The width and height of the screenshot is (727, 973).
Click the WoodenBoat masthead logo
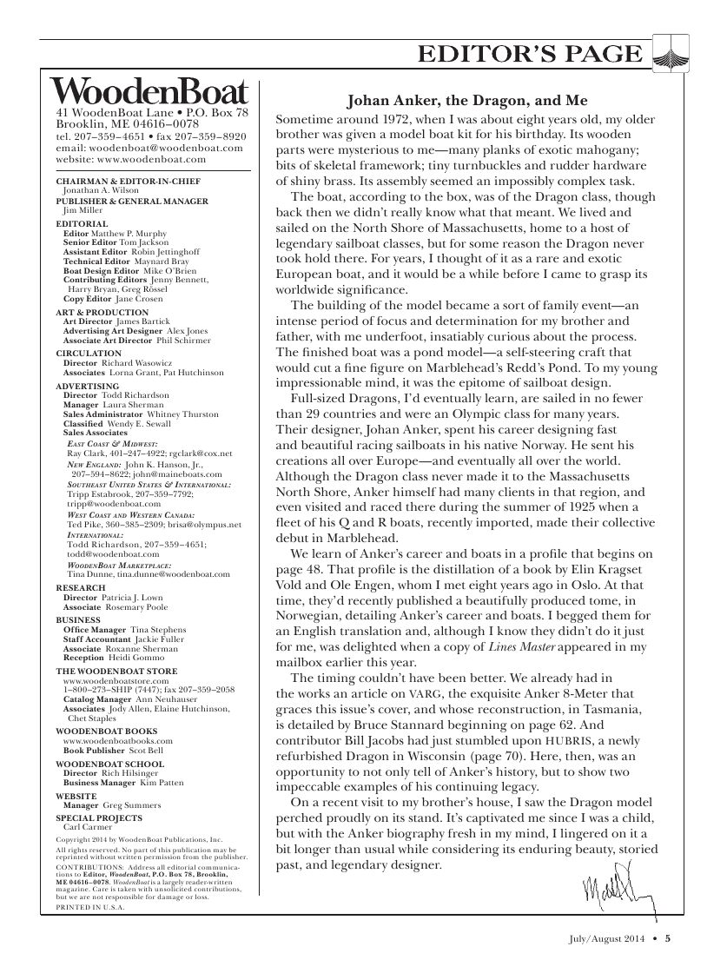click(x=149, y=92)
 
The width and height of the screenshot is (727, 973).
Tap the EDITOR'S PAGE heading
click(x=530, y=55)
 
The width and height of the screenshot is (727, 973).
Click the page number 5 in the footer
click(x=668, y=937)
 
